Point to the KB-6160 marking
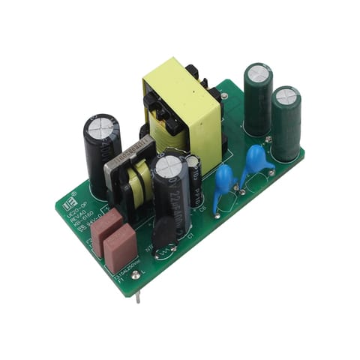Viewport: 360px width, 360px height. click(x=85, y=221)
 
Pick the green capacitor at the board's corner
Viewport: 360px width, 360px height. click(x=286, y=124)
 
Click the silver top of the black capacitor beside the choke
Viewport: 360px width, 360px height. click(x=102, y=127)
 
